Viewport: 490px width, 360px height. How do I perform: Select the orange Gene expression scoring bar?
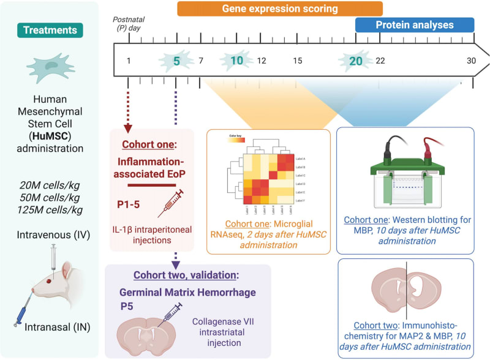click(280, 9)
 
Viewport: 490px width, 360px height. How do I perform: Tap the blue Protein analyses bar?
click(415, 25)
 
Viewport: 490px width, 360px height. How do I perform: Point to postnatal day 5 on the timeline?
click(176, 61)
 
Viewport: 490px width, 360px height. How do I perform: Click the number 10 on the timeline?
click(236, 61)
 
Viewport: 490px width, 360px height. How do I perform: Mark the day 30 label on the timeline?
click(470, 61)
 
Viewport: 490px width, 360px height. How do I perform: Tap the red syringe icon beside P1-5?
click(170, 203)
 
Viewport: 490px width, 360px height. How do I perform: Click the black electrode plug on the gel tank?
click(388, 149)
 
